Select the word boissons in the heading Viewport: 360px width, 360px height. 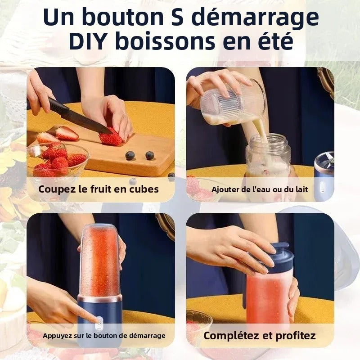(165, 41)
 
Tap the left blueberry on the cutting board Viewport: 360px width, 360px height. (130, 156)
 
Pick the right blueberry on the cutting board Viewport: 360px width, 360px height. (150, 155)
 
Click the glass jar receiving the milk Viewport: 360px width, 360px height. (267, 157)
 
